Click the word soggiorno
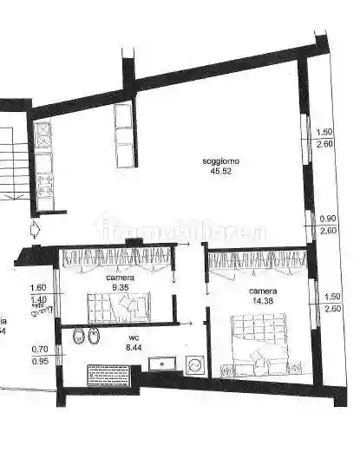[221, 161]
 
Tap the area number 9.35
[121, 286]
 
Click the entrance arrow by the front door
[34, 230]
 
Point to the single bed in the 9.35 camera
[118, 306]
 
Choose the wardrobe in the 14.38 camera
[259, 260]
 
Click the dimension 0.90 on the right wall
[328, 219]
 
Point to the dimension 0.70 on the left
[38, 350]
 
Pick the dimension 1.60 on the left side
[38, 288]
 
